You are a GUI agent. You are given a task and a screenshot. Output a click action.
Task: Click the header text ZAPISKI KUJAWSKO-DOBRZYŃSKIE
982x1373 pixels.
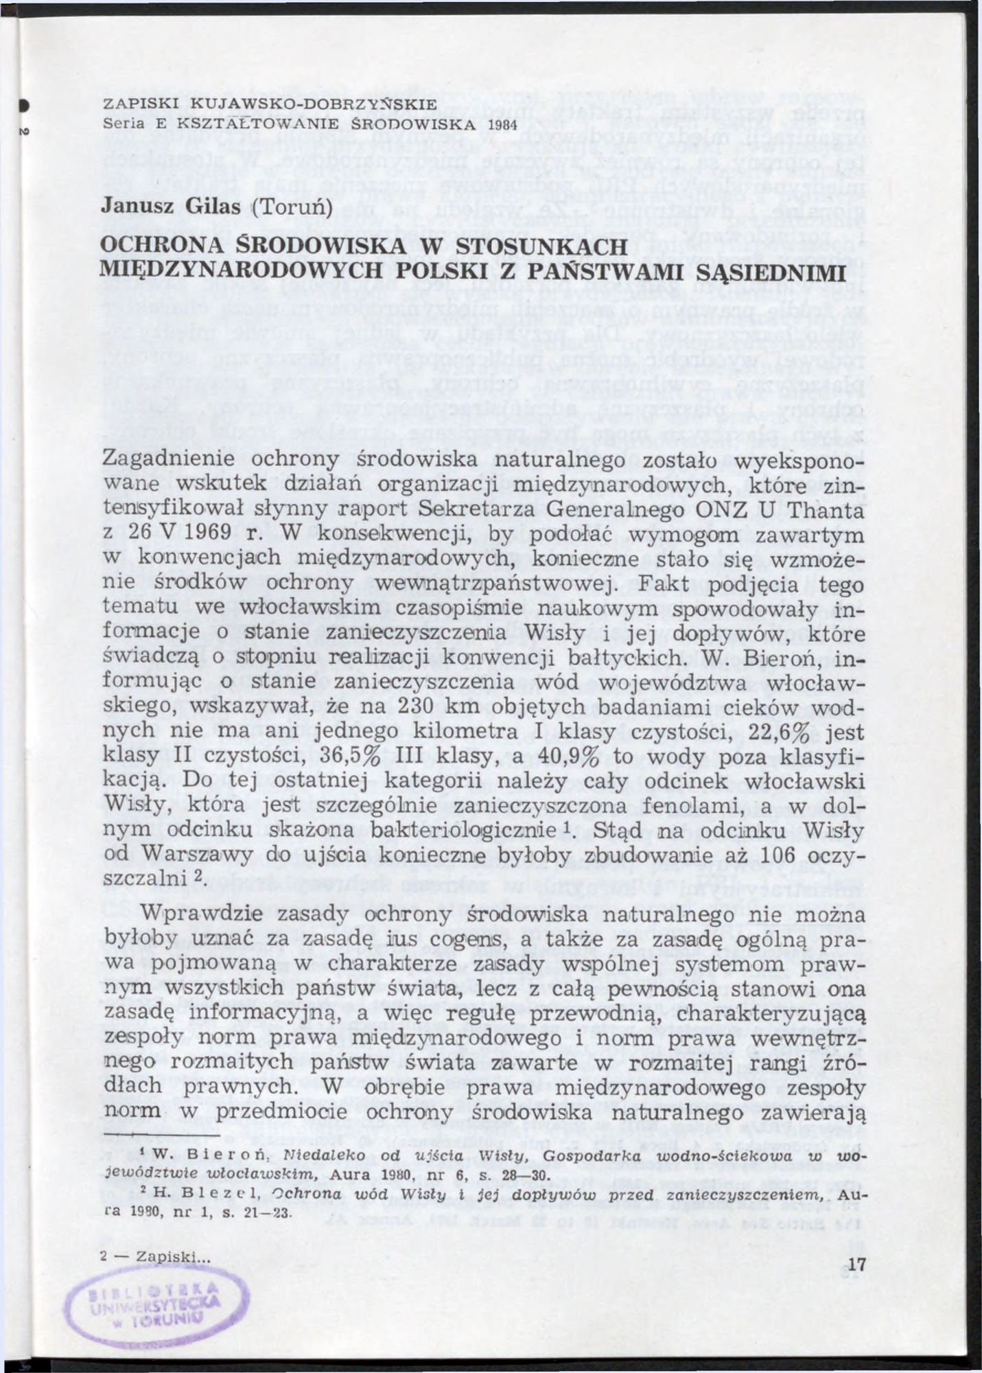click(x=269, y=104)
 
